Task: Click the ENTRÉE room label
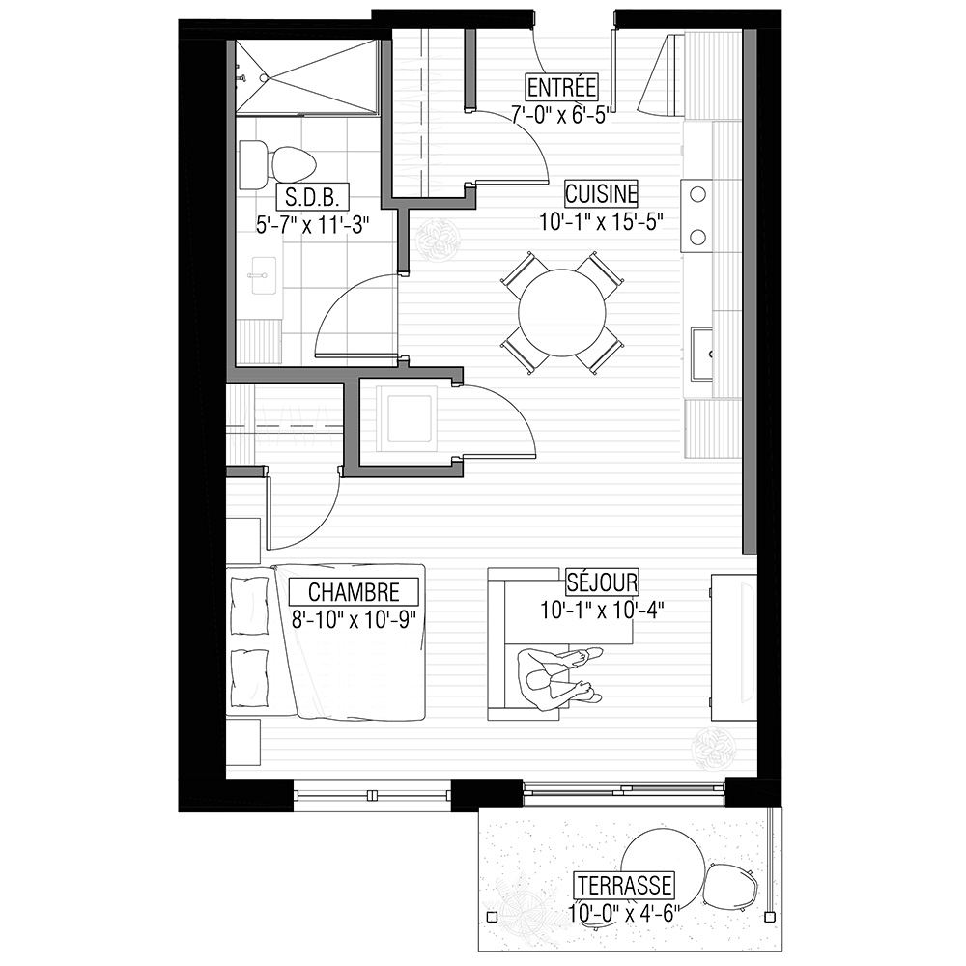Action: [561, 88]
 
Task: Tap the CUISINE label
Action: [601, 194]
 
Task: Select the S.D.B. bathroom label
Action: [313, 197]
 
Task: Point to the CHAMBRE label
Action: [354, 592]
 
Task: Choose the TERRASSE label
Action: [625, 886]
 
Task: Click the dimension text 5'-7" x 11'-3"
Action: [313, 225]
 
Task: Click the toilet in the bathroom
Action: [277, 165]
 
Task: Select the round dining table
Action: [562, 312]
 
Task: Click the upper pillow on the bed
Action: [249, 606]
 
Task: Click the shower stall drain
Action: [264, 78]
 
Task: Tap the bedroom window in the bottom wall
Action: [372, 795]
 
